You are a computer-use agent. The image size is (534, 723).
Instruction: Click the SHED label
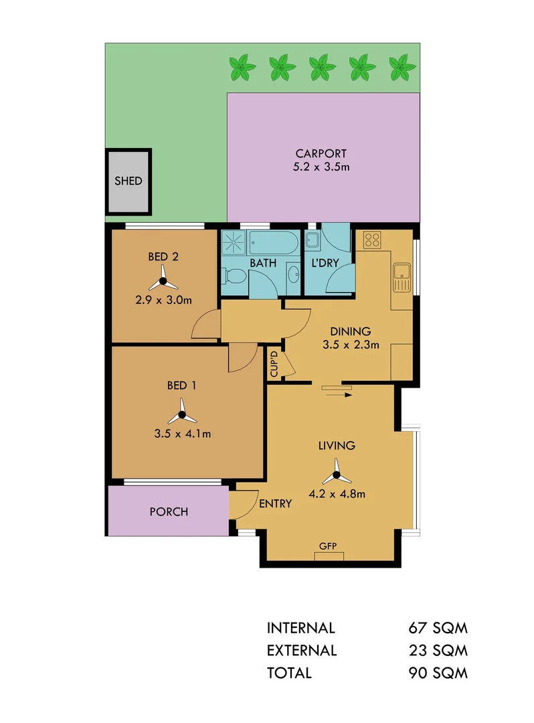pyautogui.click(x=128, y=181)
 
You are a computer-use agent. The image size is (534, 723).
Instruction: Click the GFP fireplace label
pyautogui.click(x=327, y=546)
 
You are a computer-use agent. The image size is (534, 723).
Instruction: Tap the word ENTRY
pyautogui.click(x=275, y=503)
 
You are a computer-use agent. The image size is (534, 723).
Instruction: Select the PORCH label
pyautogui.click(x=169, y=512)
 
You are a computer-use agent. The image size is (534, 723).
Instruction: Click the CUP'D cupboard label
pyautogui.click(x=274, y=364)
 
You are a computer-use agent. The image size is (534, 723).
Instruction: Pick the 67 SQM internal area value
pyautogui.click(x=438, y=629)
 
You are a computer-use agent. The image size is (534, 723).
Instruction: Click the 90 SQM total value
pyautogui.click(x=438, y=673)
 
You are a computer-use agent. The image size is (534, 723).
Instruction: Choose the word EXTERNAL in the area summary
pyautogui.click(x=302, y=650)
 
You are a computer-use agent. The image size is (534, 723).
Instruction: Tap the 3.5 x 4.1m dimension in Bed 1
pyautogui.click(x=183, y=433)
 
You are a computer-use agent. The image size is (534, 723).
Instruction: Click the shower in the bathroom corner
pyautogui.click(x=234, y=242)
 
